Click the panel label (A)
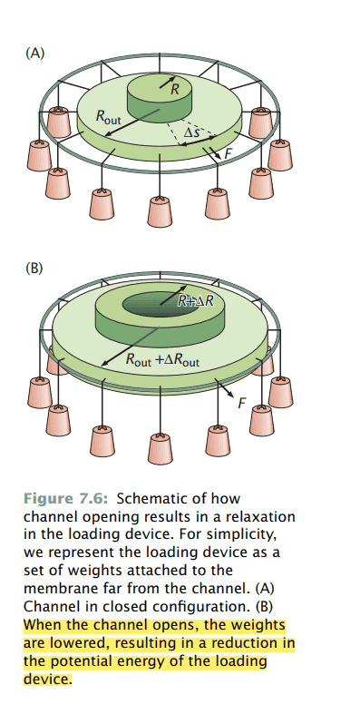pos(35,54)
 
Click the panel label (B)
pos(34,268)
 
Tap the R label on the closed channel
pos(175,89)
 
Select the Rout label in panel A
pos(108,116)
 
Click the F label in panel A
pos(228,153)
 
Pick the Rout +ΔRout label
pos(162,360)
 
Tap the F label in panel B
pos(241,403)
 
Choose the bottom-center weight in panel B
pos(161,448)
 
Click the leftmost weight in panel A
pos(39,155)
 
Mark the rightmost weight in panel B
pos(280,392)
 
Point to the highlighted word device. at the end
pos(47,679)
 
